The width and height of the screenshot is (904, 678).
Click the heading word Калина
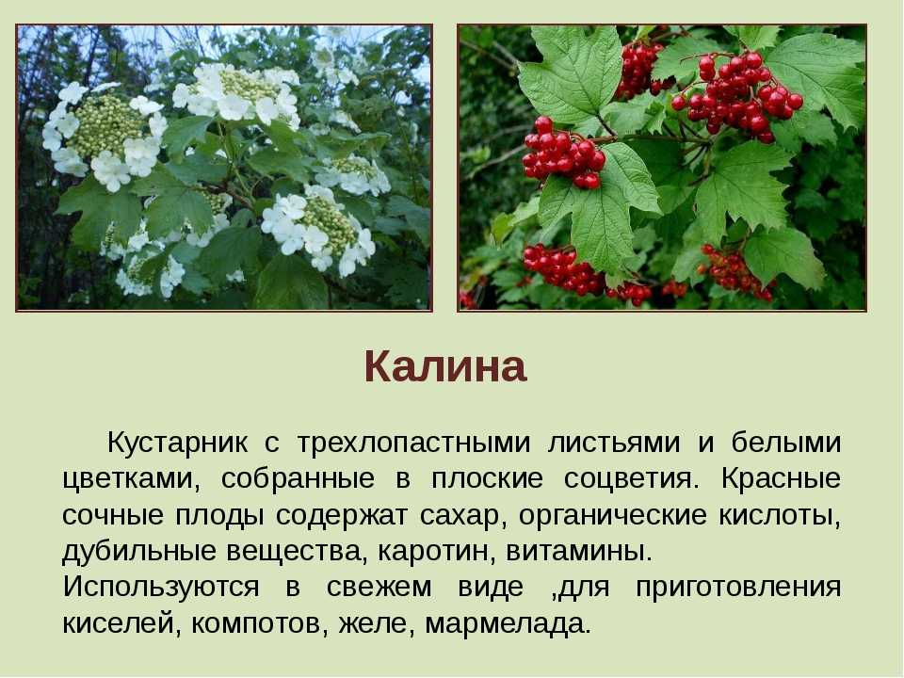pyautogui.click(x=445, y=366)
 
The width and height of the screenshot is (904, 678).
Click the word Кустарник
pyautogui.click(x=178, y=443)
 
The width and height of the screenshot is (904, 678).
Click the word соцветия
pyautogui.click(x=631, y=479)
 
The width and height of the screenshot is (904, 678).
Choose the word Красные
pyautogui.click(x=781, y=478)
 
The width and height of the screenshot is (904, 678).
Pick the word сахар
pyautogui.click(x=461, y=515)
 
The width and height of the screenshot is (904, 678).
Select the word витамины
pyautogui.click(x=579, y=551)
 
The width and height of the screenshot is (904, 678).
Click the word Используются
pyautogui.click(x=161, y=587)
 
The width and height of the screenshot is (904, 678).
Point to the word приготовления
pyautogui.click(x=738, y=588)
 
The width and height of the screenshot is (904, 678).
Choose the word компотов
pyautogui.click(x=258, y=623)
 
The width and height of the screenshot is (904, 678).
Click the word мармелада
pyautogui.click(x=508, y=623)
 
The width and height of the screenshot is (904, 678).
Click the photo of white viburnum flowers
pyautogui.click(x=224, y=168)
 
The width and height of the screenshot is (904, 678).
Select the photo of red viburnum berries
pyautogui.click(x=662, y=168)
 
